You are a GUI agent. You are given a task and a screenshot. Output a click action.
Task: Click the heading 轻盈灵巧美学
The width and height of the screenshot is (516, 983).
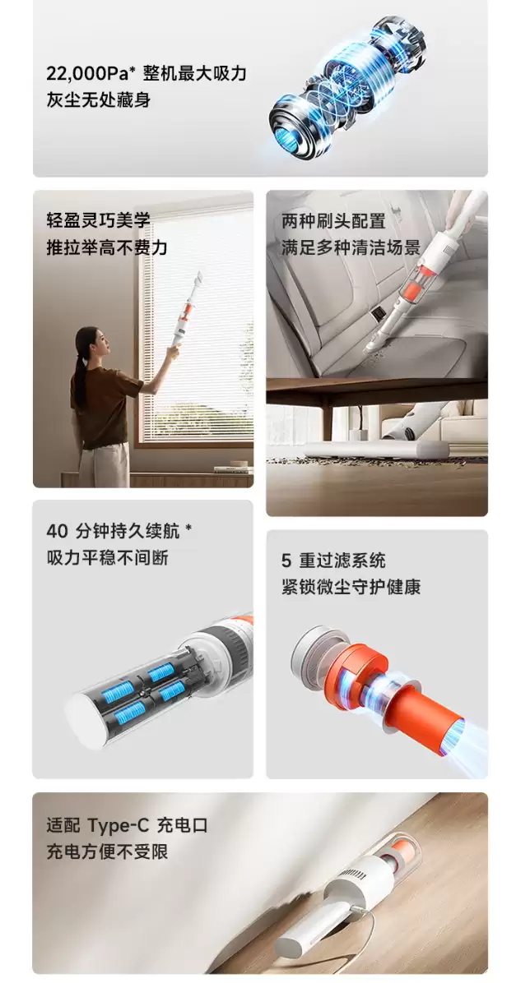98,220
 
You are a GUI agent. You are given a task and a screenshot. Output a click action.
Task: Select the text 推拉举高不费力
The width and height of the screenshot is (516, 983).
106,247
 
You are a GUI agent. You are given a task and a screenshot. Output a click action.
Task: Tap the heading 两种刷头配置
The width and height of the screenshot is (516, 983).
333,221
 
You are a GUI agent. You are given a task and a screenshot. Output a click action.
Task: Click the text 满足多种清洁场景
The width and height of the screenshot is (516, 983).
351,247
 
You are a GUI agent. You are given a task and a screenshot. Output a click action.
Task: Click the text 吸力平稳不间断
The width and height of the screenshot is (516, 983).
107,557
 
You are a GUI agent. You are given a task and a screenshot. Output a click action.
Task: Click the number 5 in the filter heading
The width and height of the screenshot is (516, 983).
286,561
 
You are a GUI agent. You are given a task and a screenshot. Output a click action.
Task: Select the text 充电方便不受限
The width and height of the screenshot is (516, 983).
107,851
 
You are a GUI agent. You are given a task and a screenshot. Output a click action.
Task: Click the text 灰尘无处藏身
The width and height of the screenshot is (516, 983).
98,100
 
